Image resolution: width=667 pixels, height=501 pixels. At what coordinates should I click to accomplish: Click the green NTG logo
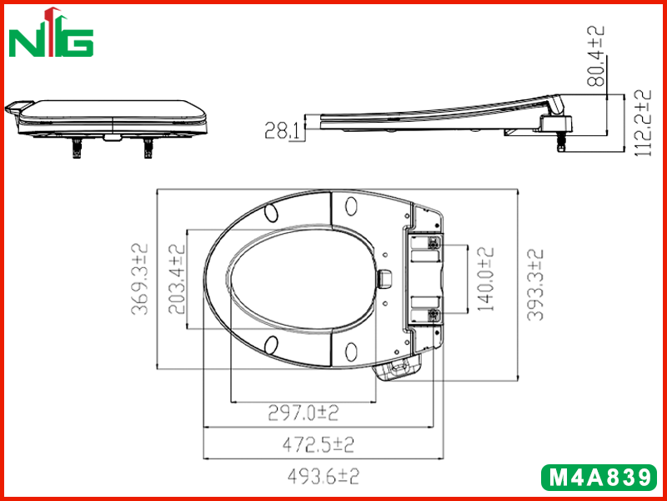point(51,33)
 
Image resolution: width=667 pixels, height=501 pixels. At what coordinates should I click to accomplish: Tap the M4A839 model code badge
point(599,478)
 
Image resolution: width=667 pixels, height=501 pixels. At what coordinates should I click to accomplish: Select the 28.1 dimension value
point(282,130)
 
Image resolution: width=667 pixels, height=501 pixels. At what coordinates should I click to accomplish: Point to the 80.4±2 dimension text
point(595,56)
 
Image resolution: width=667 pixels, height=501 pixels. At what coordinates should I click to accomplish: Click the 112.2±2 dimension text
point(643,123)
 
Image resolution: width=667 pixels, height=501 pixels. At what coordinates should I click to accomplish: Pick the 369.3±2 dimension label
point(139,280)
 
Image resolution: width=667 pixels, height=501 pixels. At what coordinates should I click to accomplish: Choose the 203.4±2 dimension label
point(177,280)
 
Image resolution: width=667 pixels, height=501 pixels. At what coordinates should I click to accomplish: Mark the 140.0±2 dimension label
point(485,279)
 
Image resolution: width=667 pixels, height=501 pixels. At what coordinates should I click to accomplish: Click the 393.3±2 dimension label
point(534,285)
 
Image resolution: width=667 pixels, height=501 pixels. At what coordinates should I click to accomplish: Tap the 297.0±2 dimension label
point(303,412)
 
